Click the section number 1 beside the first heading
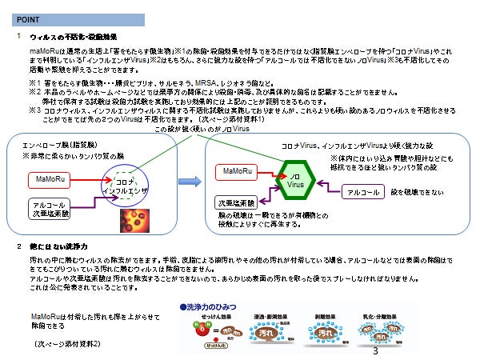18,37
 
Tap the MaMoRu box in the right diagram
238,171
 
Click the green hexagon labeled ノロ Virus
294,178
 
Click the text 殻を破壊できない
417,192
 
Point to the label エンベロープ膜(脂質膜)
58,146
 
